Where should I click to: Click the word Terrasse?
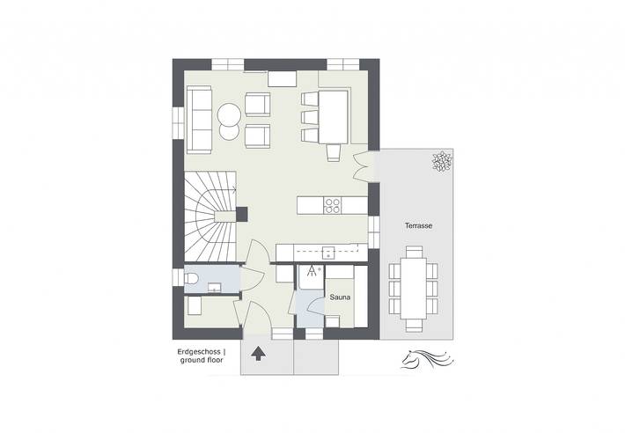(418, 226)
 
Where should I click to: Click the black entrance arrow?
(258, 354)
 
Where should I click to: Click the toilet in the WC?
(194, 278)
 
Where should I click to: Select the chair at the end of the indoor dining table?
(333, 153)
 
